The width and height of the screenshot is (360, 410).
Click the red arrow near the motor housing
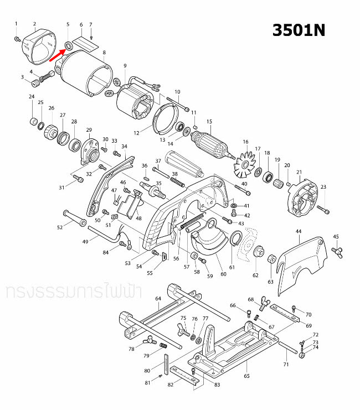click(x=57, y=53)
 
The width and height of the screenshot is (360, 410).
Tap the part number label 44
click(x=298, y=231)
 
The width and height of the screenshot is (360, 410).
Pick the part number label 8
click(x=104, y=53)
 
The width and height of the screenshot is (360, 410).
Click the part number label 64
click(x=158, y=299)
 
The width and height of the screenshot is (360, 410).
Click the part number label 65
click(x=246, y=376)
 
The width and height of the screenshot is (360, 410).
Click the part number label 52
click(x=60, y=227)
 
